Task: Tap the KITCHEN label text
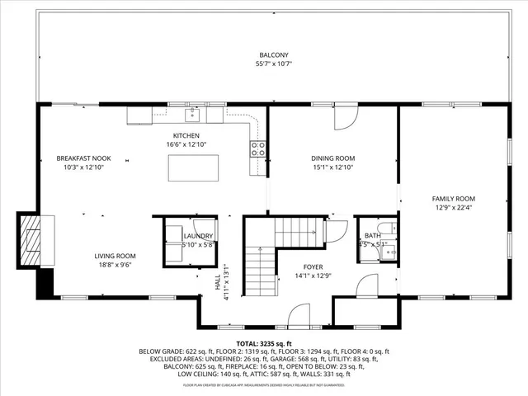186,135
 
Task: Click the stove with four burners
258,149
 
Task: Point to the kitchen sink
191,112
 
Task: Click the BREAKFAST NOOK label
83,158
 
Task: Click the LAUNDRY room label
197,236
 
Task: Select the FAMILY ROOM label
455,198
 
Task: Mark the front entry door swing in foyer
299,314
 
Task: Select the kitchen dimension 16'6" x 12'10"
186,144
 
